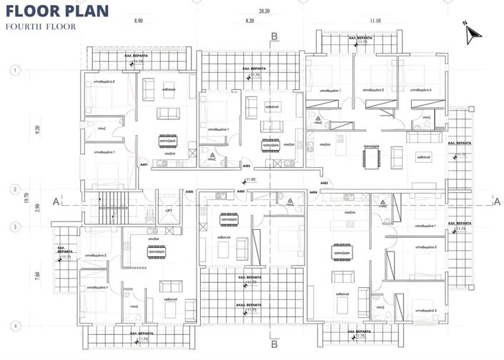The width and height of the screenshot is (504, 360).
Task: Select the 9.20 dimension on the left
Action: [26, 131]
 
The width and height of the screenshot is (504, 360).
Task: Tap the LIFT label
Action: [169, 211]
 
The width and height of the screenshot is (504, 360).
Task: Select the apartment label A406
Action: [189, 192]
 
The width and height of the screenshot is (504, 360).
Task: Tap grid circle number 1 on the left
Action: [14, 70]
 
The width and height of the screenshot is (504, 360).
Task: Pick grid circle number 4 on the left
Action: [14, 326]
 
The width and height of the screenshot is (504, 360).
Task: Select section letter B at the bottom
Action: [275, 345]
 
